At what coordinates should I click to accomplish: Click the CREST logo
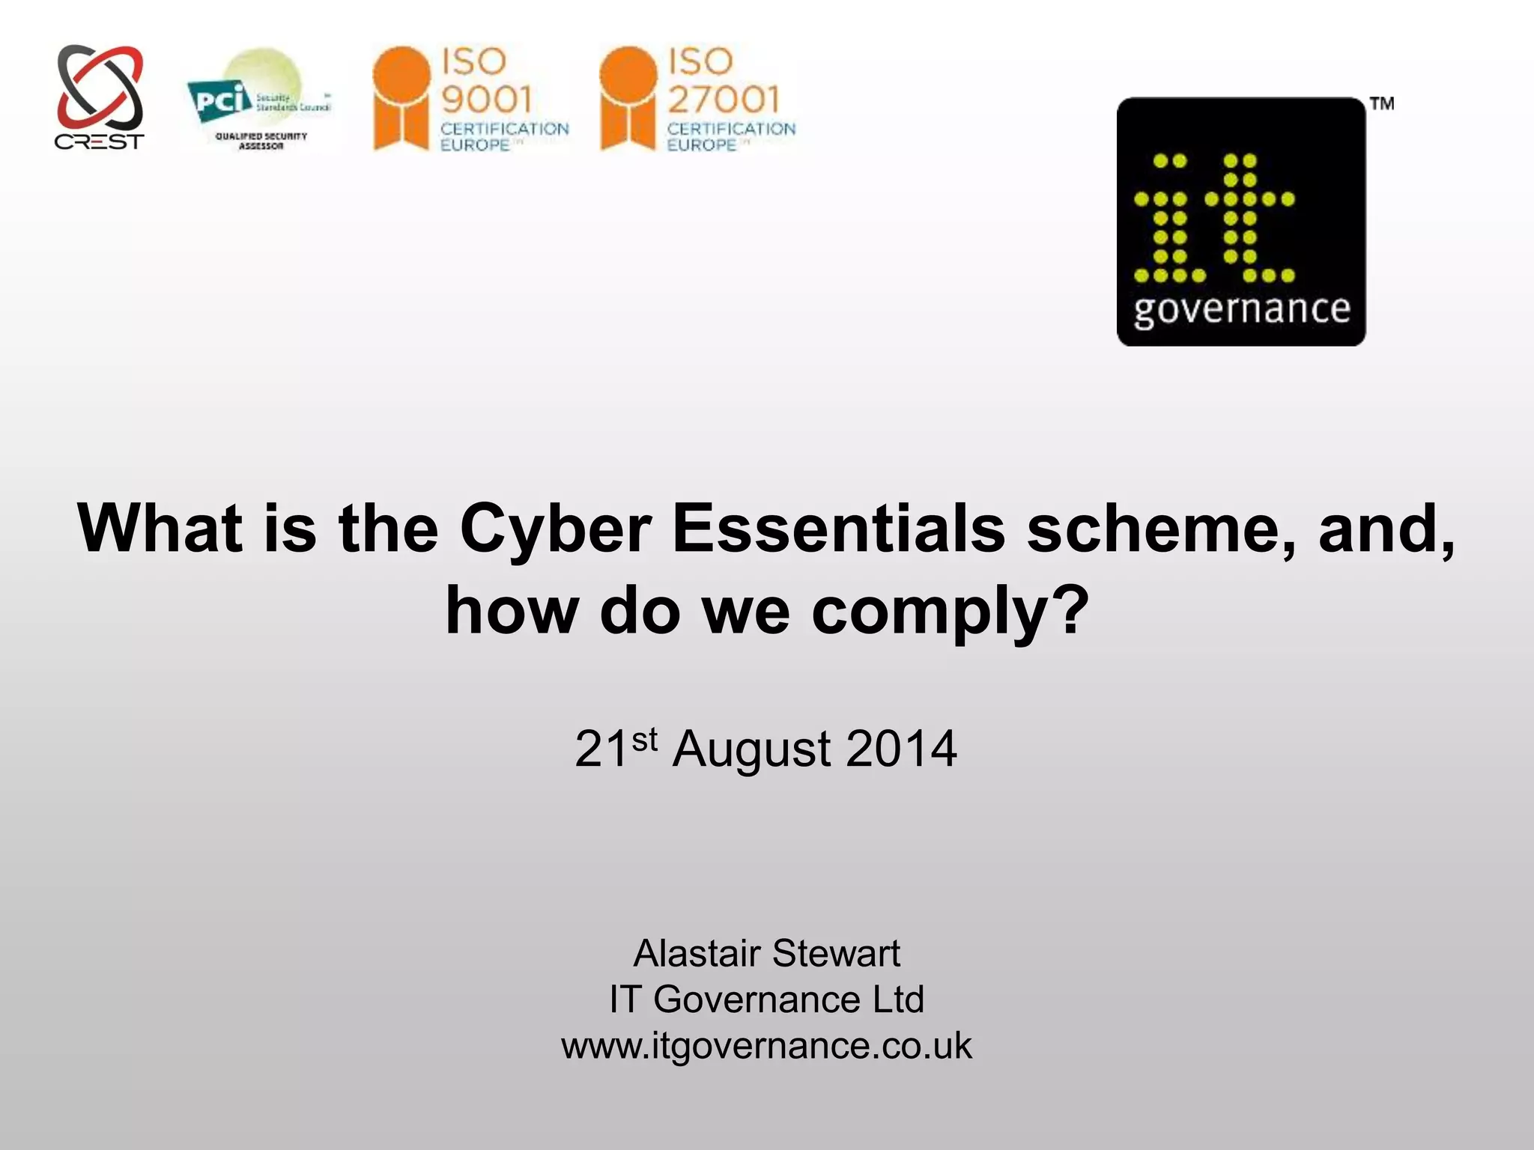[x=100, y=97]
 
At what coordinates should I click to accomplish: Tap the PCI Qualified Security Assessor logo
[x=258, y=101]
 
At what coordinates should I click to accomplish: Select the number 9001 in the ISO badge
[x=487, y=99]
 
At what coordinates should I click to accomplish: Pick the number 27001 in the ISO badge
[x=724, y=99]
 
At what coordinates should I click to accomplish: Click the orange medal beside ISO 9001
[x=401, y=97]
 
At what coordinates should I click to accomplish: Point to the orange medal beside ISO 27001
[x=628, y=97]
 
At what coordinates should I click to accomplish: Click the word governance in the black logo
[x=1242, y=310]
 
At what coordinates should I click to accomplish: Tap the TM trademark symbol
[x=1382, y=104]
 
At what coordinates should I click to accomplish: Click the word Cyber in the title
[x=555, y=529]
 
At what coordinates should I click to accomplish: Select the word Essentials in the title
[x=838, y=529]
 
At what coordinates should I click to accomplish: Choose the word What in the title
[x=160, y=529]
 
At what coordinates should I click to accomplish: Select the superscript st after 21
[x=644, y=739]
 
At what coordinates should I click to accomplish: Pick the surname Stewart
[x=836, y=953]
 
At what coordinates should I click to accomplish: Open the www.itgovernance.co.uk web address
[x=766, y=1046]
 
